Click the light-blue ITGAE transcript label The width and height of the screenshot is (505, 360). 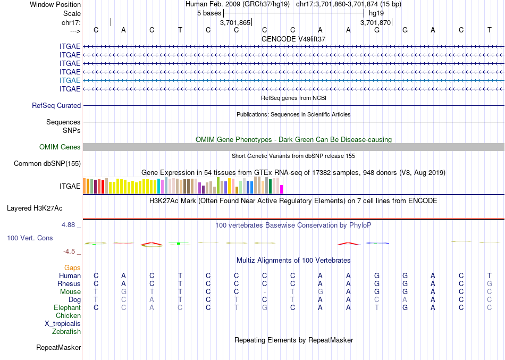70,80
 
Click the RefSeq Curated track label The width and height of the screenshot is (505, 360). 56,105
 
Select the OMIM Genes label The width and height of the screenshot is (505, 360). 60,147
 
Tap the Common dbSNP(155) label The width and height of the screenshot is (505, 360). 47,163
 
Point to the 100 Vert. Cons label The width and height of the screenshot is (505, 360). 30,238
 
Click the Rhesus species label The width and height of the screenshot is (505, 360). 69,283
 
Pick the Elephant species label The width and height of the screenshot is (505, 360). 67,307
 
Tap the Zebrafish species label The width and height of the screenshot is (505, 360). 66,331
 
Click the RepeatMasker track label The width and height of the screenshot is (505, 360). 58,348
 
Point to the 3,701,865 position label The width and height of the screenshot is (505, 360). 235,23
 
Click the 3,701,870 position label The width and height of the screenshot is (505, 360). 375,23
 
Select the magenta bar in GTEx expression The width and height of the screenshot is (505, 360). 282,189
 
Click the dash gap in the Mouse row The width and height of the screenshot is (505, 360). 264,291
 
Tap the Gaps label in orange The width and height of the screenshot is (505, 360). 72,267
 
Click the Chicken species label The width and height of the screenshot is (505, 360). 68,315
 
